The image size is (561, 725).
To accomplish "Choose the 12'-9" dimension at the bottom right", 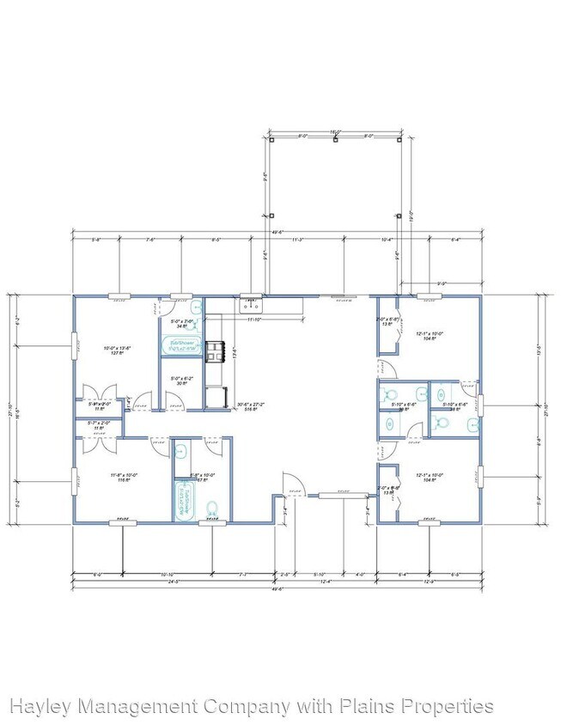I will pyautogui.click(x=454, y=582).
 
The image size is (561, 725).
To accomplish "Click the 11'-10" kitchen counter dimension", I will pyautogui.click(x=254, y=320).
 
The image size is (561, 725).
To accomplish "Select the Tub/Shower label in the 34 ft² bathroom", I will pyautogui.click(x=181, y=344).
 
